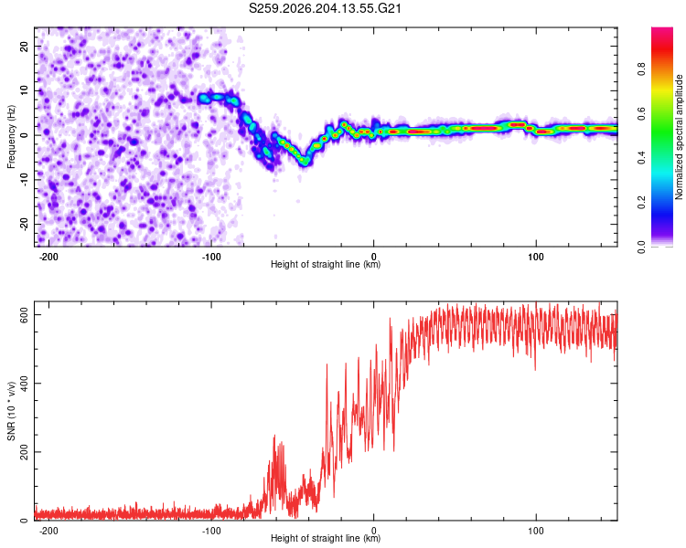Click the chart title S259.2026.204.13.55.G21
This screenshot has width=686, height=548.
325,8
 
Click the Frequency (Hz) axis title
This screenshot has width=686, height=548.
11,137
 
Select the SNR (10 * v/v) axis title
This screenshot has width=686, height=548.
11,411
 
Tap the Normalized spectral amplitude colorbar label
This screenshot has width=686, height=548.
679,137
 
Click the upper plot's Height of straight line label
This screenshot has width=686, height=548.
326,264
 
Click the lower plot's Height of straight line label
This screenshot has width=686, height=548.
326,538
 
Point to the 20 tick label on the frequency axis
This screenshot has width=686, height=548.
24,47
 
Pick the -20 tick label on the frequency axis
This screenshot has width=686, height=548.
24,224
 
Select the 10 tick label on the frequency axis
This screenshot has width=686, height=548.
24,90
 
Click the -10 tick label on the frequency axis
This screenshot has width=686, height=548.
24,180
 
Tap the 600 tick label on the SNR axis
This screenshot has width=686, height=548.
24,314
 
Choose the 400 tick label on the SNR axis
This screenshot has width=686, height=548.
24,384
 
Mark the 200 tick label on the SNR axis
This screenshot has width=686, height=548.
24,452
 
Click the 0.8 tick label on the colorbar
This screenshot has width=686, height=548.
641,69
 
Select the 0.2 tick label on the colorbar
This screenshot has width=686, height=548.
641,203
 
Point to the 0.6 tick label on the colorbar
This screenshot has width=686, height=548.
641,113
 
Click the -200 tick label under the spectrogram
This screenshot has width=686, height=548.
48,257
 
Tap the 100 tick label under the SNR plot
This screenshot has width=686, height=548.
536,531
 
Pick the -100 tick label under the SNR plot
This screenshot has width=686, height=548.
211,531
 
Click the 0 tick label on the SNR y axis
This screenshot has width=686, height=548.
24,521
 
